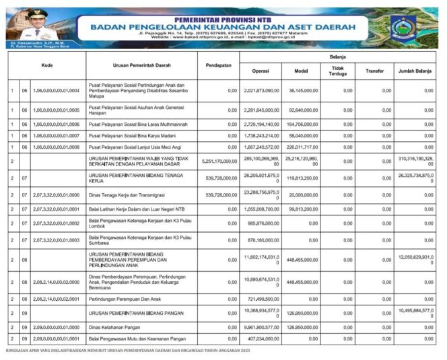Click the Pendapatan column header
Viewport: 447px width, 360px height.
click(x=218, y=65)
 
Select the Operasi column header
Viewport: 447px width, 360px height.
click(x=261, y=71)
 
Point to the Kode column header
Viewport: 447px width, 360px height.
click(x=46, y=65)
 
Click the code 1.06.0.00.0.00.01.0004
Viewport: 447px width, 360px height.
click(x=57, y=90)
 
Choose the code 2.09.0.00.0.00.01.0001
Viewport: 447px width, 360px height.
click(x=57, y=339)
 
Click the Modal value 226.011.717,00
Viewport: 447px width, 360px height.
click(x=301, y=147)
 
